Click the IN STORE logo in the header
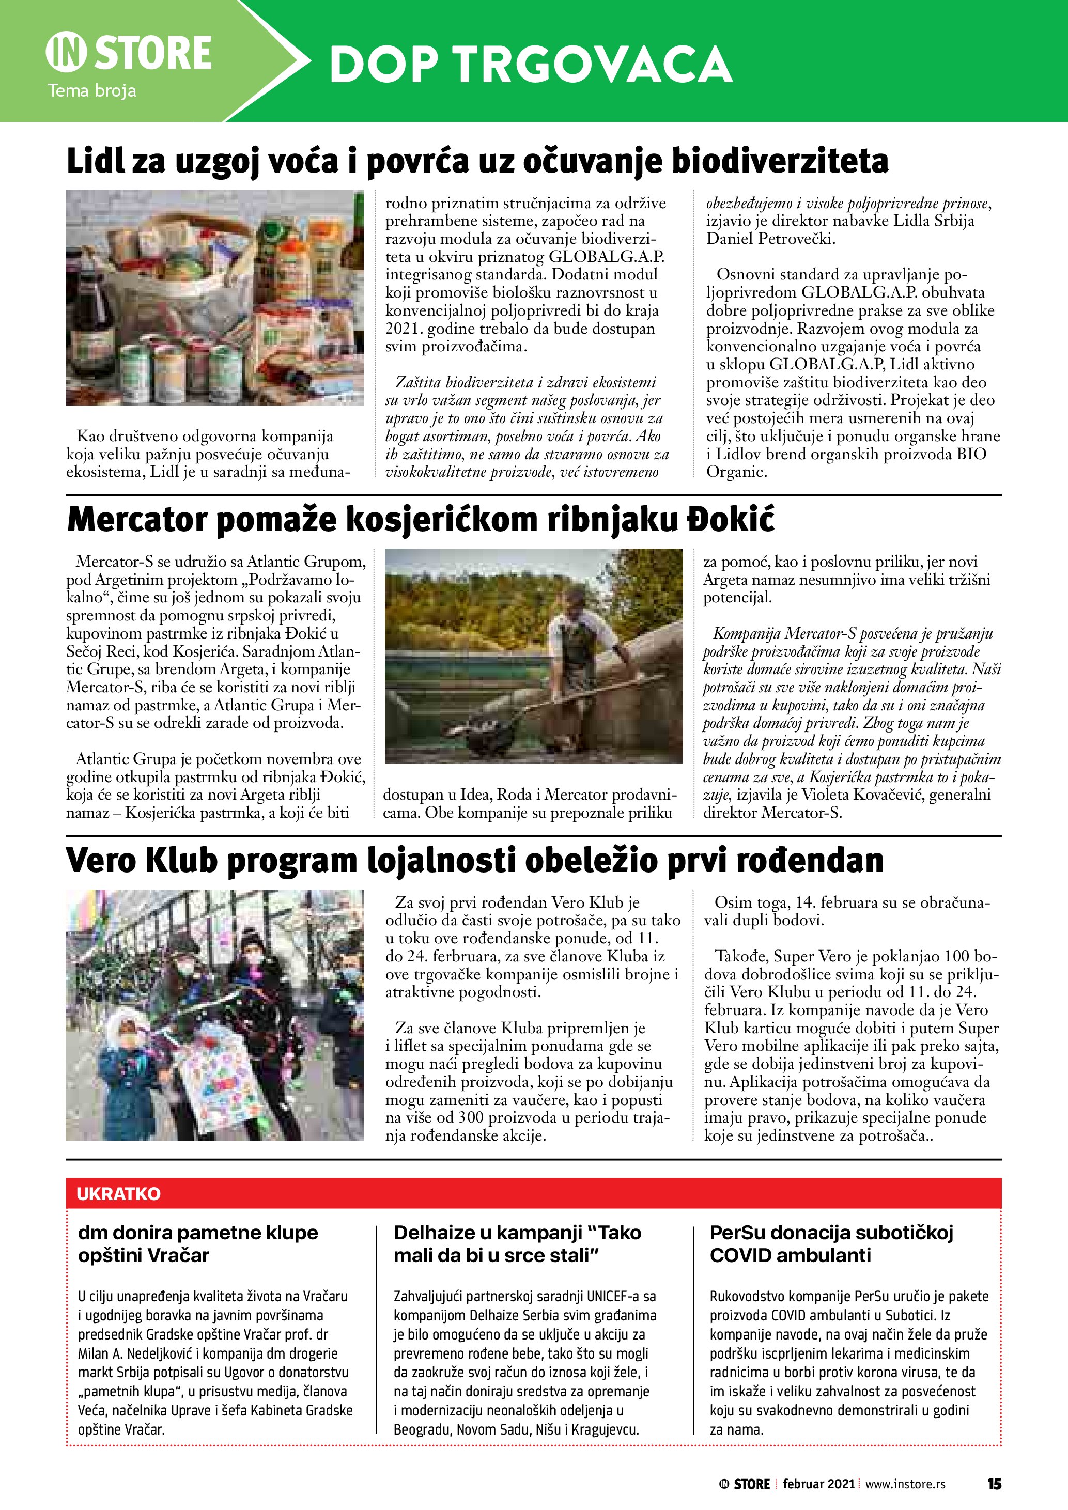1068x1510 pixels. pyautogui.click(x=129, y=53)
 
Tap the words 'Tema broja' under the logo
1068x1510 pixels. pyautogui.click(x=91, y=91)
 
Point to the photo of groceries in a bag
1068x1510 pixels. pyautogui.click(x=214, y=297)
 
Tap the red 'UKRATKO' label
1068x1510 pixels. pyautogui.click(x=118, y=1194)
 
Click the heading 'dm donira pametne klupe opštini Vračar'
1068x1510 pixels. pyautogui.click(x=198, y=1243)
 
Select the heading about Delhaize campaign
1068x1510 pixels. pyautogui.click(x=517, y=1243)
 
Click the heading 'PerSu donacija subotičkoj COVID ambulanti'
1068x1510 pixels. pyautogui.click(x=831, y=1243)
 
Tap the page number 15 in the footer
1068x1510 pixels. pyautogui.click(x=994, y=1484)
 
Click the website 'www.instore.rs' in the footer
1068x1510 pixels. pyautogui.click(x=905, y=1484)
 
